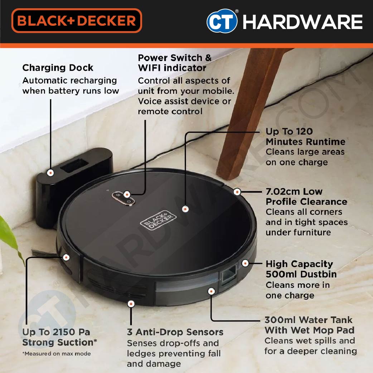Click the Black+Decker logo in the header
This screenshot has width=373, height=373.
pyautogui.click(x=77, y=20)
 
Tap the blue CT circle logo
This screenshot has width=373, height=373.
pyautogui.click(x=222, y=21)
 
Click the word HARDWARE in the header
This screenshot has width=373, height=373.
pyautogui.click(x=302, y=21)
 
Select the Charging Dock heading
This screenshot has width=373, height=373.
pyautogui.click(x=58, y=68)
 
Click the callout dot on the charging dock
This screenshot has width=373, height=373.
pyautogui.click(x=50, y=173)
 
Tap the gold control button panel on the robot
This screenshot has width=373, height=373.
pyautogui.click(x=123, y=198)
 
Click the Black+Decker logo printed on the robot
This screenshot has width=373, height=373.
pyautogui.click(x=158, y=219)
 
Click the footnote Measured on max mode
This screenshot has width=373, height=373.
pyautogui.click(x=56, y=354)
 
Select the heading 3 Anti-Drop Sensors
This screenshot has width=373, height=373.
pyautogui.click(x=175, y=332)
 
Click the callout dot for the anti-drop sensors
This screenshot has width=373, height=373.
pyautogui.click(x=131, y=304)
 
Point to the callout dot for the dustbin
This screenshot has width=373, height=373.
pyautogui.click(x=245, y=263)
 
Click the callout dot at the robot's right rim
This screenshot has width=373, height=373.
pyautogui.click(x=237, y=192)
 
